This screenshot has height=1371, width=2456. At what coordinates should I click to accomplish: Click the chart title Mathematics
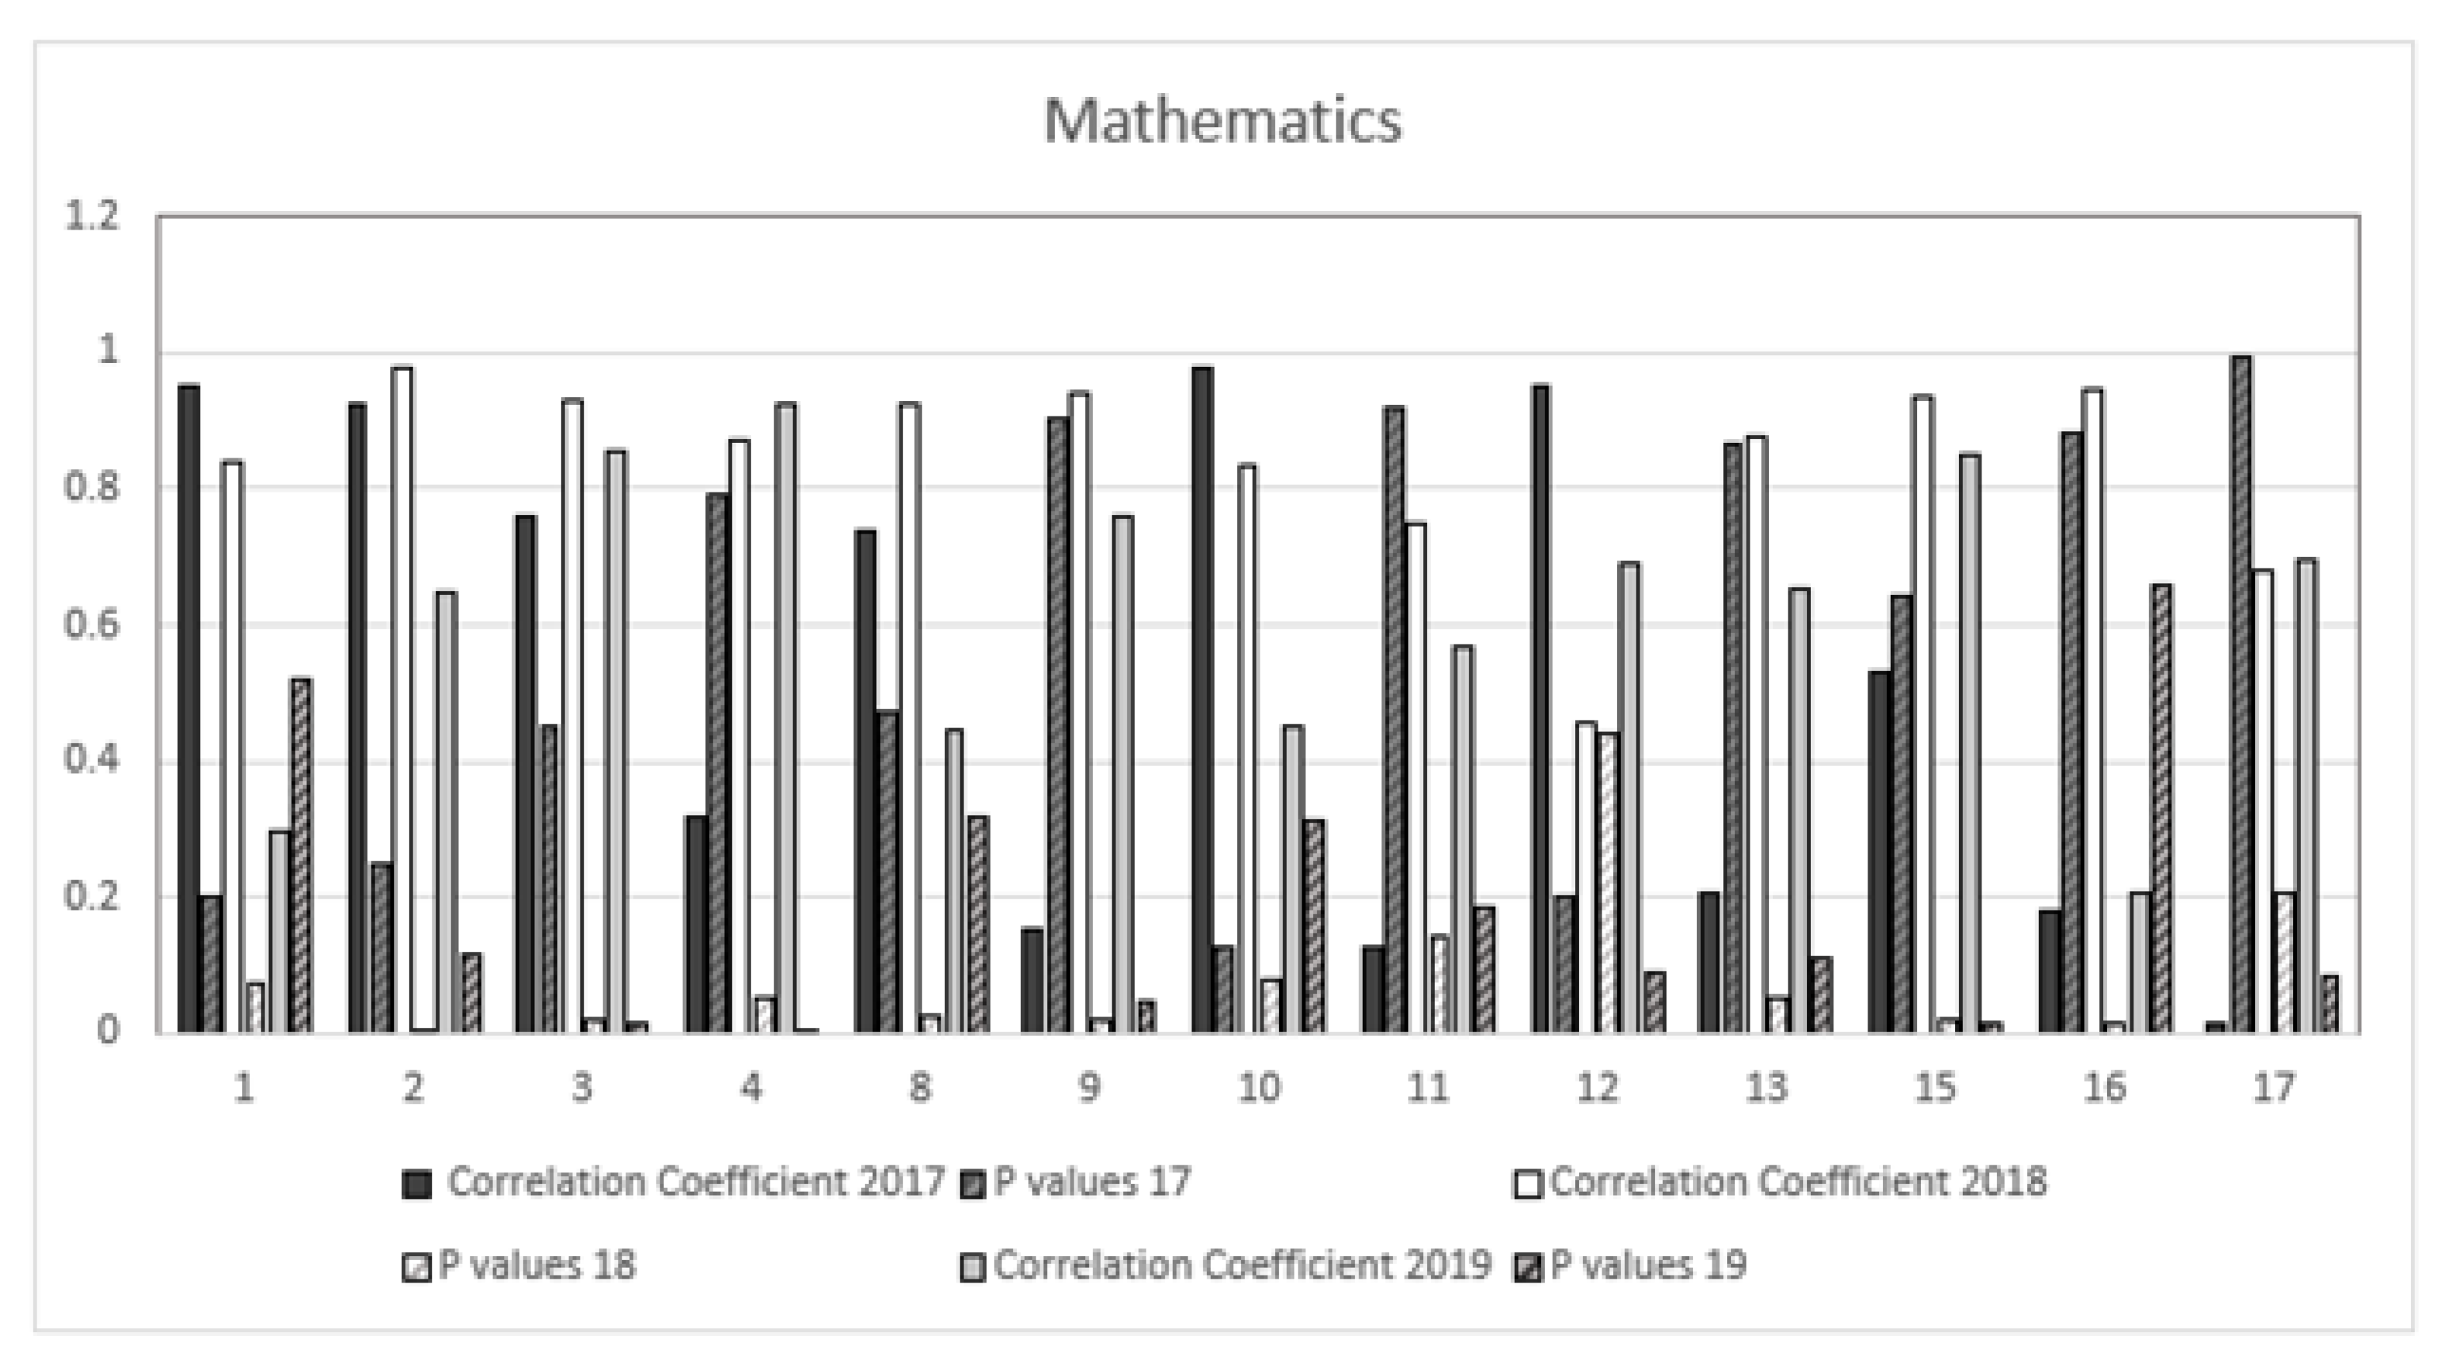tap(1223, 122)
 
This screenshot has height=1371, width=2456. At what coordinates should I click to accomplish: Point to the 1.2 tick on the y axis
tap(91, 216)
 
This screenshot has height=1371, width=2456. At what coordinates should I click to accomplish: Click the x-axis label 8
tap(920, 1087)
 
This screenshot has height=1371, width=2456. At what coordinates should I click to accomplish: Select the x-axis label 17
tap(2274, 1087)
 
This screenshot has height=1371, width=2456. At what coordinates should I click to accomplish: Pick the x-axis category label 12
tap(1597, 1087)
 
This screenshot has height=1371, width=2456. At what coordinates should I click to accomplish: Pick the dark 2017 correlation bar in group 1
tap(189, 710)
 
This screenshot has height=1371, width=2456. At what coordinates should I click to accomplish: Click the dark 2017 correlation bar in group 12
tap(1540, 710)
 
